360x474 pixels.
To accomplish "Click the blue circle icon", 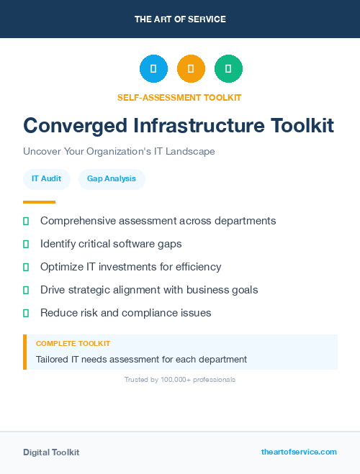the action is click(x=153, y=68).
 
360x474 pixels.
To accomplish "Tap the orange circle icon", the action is click(x=191, y=68).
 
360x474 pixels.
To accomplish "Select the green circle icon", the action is click(x=228, y=68).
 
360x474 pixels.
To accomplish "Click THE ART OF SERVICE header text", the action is click(x=180, y=19).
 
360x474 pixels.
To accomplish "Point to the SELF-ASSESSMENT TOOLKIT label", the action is click(x=179, y=97).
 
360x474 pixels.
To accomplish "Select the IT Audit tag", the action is click(x=46, y=179).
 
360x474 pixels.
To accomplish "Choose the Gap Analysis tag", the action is click(x=112, y=179).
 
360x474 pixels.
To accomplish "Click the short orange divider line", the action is click(x=39, y=202).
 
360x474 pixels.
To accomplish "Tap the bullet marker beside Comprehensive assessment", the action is click(x=26, y=221).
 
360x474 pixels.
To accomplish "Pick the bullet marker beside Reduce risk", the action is click(x=26, y=313).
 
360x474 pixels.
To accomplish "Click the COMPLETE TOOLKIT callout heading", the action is click(x=73, y=344).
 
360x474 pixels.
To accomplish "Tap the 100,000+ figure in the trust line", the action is click(x=176, y=379).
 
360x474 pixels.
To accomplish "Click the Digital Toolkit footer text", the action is click(x=51, y=452).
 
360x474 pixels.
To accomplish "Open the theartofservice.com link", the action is click(x=299, y=452).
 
